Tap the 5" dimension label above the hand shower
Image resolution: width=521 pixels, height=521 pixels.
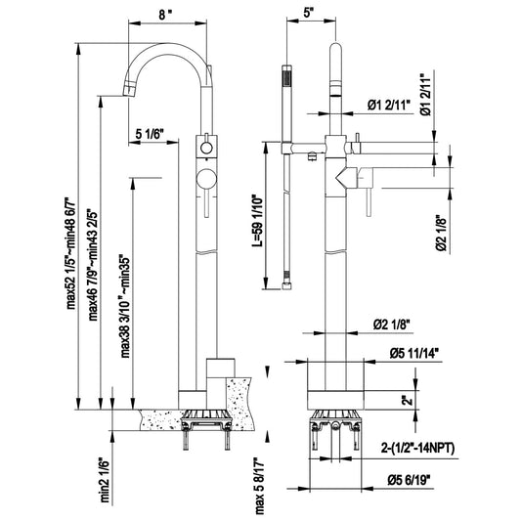309,14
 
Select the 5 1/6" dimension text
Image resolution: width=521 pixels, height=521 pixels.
150,134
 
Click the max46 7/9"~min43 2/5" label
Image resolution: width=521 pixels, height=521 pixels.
94,265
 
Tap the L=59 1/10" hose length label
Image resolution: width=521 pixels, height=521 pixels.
257,221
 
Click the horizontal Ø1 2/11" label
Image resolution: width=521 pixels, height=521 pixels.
389,106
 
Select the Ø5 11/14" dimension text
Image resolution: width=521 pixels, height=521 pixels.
415,354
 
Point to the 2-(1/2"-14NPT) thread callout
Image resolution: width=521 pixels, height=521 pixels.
417,449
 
